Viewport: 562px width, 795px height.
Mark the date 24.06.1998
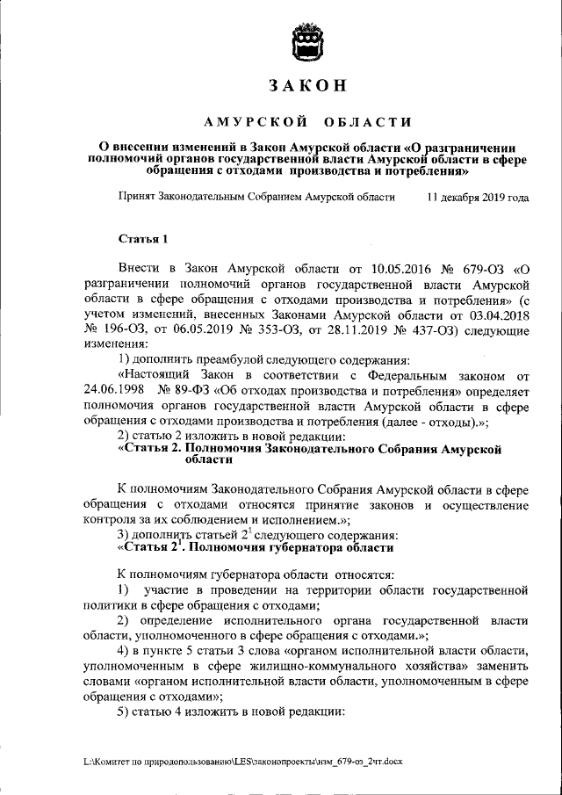coord(114,390)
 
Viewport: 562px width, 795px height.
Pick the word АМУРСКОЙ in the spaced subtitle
coord(256,120)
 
